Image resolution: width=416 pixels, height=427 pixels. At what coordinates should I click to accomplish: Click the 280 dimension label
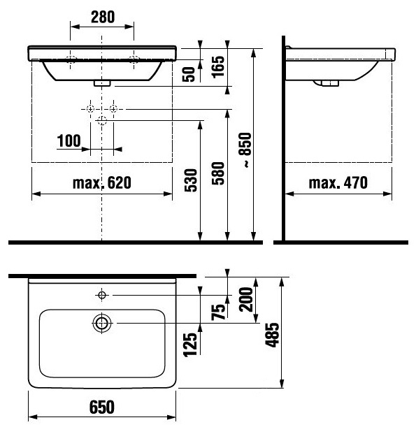click(x=103, y=17)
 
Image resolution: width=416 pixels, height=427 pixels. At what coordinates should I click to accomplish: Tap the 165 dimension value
click(x=219, y=67)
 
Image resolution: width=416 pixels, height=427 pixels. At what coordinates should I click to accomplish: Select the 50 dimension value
click(x=189, y=74)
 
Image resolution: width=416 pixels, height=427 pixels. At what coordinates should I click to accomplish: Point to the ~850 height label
click(x=245, y=150)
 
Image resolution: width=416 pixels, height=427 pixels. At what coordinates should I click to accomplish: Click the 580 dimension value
click(x=218, y=173)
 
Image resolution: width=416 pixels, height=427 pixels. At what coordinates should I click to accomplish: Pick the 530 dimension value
click(x=191, y=180)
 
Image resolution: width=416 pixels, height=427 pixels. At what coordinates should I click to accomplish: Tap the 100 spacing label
click(x=69, y=140)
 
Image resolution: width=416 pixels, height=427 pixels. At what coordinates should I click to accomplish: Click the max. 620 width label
click(x=102, y=182)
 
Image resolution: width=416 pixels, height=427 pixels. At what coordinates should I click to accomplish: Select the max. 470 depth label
click(x=338, y=182)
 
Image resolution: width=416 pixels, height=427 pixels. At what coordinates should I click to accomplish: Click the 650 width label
click(x=102, y=407)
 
